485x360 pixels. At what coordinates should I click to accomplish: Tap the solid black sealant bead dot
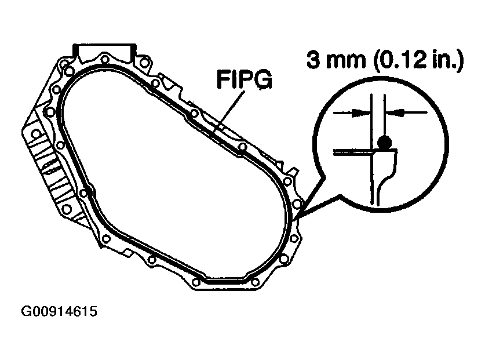pos(383,141)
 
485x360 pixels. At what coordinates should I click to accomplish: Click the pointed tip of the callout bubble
pos(296,219)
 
